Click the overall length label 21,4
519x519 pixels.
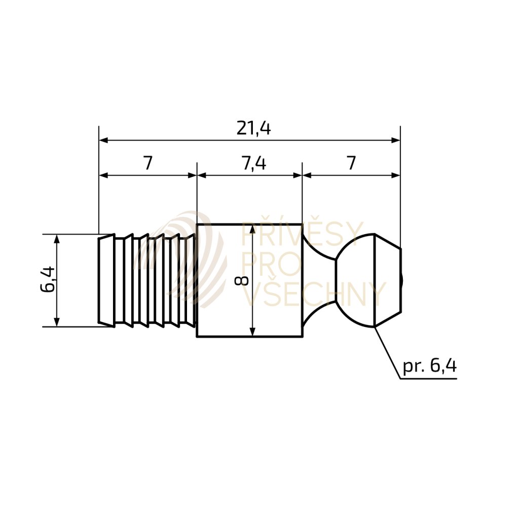(x=253, y=128)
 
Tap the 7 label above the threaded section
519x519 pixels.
(x=147, y=163)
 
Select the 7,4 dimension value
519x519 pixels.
(x=254, y=163)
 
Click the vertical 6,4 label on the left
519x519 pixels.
(x=47, y=280)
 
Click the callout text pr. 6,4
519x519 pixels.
(x=429, y=366)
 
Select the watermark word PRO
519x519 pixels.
(x=272, y=264)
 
